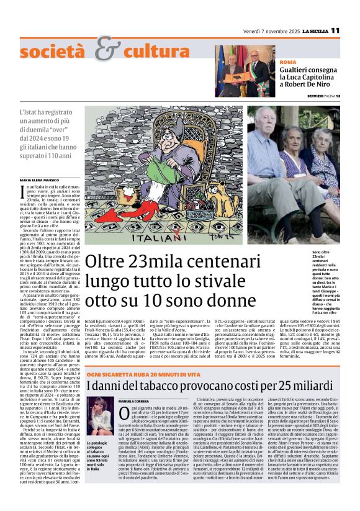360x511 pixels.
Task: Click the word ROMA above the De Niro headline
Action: (288, 63)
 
